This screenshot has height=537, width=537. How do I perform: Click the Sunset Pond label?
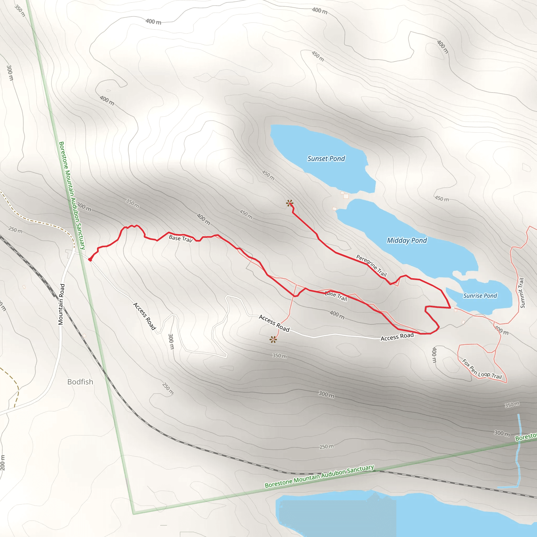tap(326, 159)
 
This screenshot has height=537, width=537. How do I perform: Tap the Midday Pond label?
tap(407, 240)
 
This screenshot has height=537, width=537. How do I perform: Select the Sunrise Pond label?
tap(480, 296)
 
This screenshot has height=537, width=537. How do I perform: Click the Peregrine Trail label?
tap(372, 265)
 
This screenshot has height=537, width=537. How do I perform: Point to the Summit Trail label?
tap(522, 293)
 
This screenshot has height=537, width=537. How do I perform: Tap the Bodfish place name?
tap(80, 382)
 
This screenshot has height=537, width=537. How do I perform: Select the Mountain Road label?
tap(61, 304)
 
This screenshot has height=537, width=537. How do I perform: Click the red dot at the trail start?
tap(90, 260)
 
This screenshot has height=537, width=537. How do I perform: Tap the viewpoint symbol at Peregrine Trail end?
tap(290, 203)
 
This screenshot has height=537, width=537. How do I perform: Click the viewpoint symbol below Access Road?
tap(273, 339)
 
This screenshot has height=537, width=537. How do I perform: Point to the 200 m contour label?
tap(3, 463)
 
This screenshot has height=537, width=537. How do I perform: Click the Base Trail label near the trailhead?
tap(181, 239)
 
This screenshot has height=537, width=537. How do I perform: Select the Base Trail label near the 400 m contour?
tap(336, 296)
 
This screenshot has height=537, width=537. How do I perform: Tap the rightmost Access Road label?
tap(397, 337)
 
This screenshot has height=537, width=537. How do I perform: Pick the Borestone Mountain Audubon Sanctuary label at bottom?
tap(319, 476)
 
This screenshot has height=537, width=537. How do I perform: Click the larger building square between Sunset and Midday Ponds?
tap(346, 196)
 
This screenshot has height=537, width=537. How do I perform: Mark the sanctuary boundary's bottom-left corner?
tap(134, 513)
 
